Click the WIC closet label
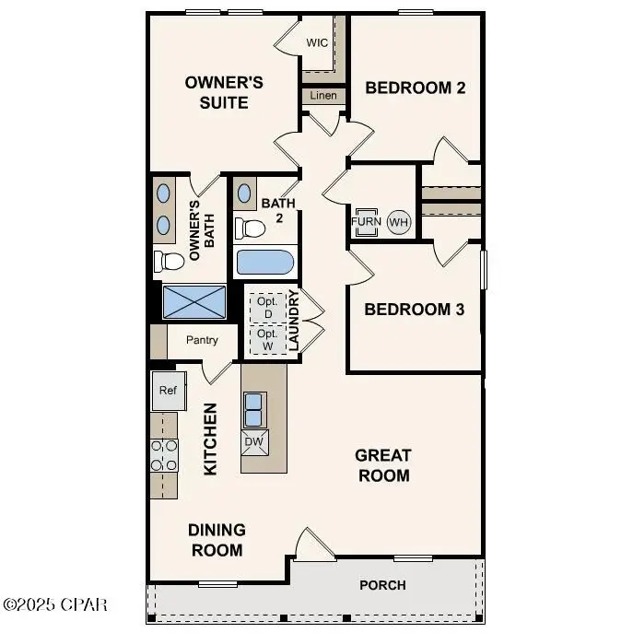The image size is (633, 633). tap(317, 43)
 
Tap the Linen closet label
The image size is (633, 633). tap(322, 96)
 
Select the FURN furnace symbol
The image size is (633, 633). tap(366, 222)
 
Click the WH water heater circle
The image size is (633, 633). tap(398, 222)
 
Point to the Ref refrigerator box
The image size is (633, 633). tap(168, 391)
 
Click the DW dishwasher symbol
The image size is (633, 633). tap(253, 442)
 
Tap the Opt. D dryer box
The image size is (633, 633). tap(267, 308)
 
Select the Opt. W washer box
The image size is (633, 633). tap(267, 339)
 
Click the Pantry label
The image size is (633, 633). tap(202, 340)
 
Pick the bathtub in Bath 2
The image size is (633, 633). tap(265, 262)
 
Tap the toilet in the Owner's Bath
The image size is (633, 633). tap(169, 262)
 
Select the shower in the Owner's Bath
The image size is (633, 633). tap(193, 301)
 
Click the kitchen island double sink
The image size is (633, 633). tap(254, 406)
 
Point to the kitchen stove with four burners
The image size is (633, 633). tap(164, 455)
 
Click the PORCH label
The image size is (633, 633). tap(382, 584)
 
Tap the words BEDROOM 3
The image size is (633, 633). tap(414, 309)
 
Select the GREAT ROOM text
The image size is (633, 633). tap(382, 465)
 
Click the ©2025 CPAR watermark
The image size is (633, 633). tap(55, 604)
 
